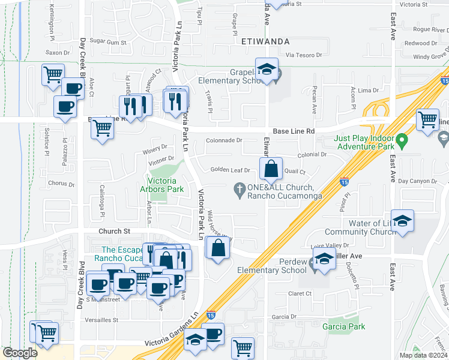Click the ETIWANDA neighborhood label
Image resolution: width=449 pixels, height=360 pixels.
pyautogui.click(x=265, y=42)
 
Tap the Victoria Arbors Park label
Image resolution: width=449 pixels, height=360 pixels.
pyautogui.click(x=162, y=185)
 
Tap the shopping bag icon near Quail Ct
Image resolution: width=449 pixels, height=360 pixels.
pyautogui.click(x=271, y=169)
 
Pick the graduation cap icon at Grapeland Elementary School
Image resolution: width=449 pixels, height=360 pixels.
pyautogui.click(x=266, y=70)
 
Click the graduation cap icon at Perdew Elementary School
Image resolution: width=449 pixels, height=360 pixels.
pyautogui.click(x=324, y=260)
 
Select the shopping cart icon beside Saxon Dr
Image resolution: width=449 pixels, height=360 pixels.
pyautogui.click(x=53, y=75)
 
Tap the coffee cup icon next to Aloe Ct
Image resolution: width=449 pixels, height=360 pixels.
pyautogui.click(x=73, y=88)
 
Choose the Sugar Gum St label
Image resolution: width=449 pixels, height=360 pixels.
pyautogui.click(x=108, y=43)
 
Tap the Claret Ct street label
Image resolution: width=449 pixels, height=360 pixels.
pyautogui.click(x=300, y=293)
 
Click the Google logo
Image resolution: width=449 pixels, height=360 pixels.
pyautogui.click(x=20, y=353)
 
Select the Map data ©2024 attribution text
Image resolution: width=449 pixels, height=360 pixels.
pyautogui.click(x=423, y=355)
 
